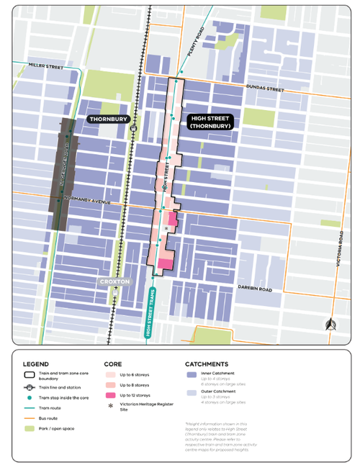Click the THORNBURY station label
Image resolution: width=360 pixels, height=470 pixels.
[x=107, y=118]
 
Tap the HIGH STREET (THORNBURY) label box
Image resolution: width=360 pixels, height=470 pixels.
[x=210, y=122]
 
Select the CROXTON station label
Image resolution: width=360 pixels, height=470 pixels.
[x=115, y=282]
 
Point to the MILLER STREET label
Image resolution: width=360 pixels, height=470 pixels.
[x=45, y=66]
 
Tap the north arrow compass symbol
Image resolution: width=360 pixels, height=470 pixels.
[x=330, y=324]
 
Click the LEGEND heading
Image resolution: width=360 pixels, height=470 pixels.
[x=36, y=364]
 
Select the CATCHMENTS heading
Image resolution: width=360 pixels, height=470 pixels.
[x=207, y=364]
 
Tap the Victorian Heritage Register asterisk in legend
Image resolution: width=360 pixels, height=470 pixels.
[x=109, y=407]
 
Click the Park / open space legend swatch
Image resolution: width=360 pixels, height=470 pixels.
[x=30, y=428]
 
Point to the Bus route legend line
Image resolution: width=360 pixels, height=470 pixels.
[x=30, y=417]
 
